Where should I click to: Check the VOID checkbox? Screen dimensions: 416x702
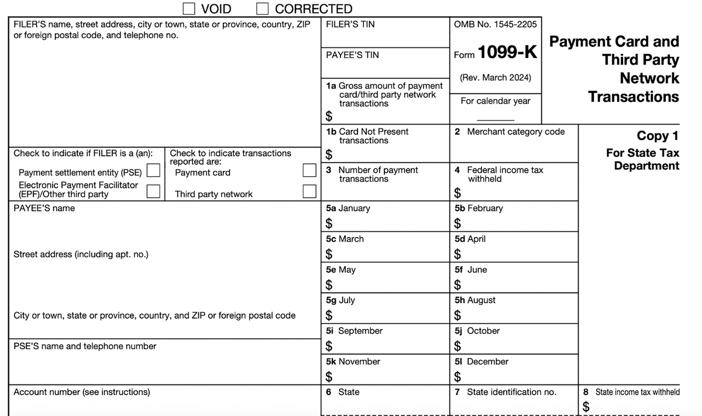click(x=189, y=8)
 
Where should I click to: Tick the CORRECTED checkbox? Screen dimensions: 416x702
click(x=263, y=8)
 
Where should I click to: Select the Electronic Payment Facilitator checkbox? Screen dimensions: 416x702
click(x=154, y=191)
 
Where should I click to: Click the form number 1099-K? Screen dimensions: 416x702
click(x=507, y=53)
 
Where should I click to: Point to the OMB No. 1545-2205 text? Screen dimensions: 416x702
click(x=495, y=25)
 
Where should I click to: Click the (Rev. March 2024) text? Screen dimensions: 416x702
click(x=495, y=77)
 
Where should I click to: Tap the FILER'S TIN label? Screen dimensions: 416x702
click(x=350, y=25)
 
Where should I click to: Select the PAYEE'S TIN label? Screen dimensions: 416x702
click(x=352, y=55)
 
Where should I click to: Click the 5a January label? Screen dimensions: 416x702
click(x=348, y=208)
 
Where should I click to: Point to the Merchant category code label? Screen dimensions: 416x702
click(x=515, y=132)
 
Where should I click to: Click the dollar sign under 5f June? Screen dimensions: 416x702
click(x=459, y=285)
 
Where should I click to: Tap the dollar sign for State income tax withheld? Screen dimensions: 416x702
click(x=586, y=405)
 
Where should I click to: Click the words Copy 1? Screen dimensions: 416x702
click(x=658, y=136)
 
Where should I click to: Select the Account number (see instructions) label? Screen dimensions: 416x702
click(x=81, y=392)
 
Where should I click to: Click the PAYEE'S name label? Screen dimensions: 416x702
click(x=44, y=208)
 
